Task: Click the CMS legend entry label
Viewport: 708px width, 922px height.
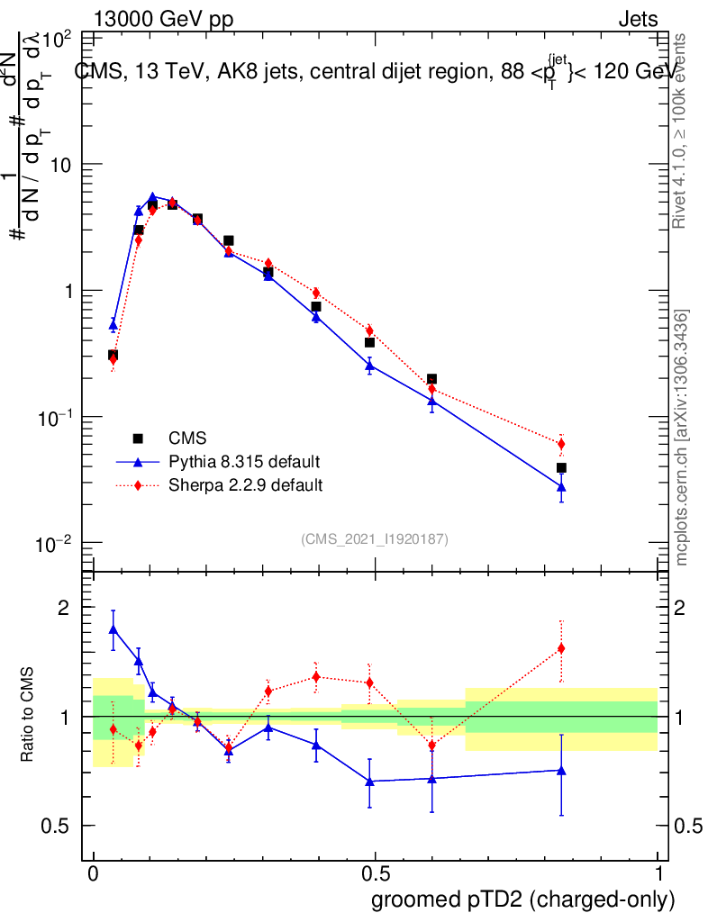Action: [187, 438]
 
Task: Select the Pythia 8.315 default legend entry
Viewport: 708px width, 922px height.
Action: [244, 462]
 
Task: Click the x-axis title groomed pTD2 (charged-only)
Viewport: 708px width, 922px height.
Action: [522, 899]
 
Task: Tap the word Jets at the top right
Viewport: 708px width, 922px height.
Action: [637, 20]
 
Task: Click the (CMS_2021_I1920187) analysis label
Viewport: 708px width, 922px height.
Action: [375, 538]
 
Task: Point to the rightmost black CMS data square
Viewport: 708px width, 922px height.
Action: [561, 467]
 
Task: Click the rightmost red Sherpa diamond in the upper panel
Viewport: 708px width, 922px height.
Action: [561, 444]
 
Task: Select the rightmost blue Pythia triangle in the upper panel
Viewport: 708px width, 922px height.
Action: [561, 486]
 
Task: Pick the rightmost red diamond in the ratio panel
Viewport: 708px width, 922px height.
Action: [561, 648]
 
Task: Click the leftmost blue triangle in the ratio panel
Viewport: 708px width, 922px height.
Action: [113, 629]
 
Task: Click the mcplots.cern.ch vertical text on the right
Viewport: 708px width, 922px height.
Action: [683, 437]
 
